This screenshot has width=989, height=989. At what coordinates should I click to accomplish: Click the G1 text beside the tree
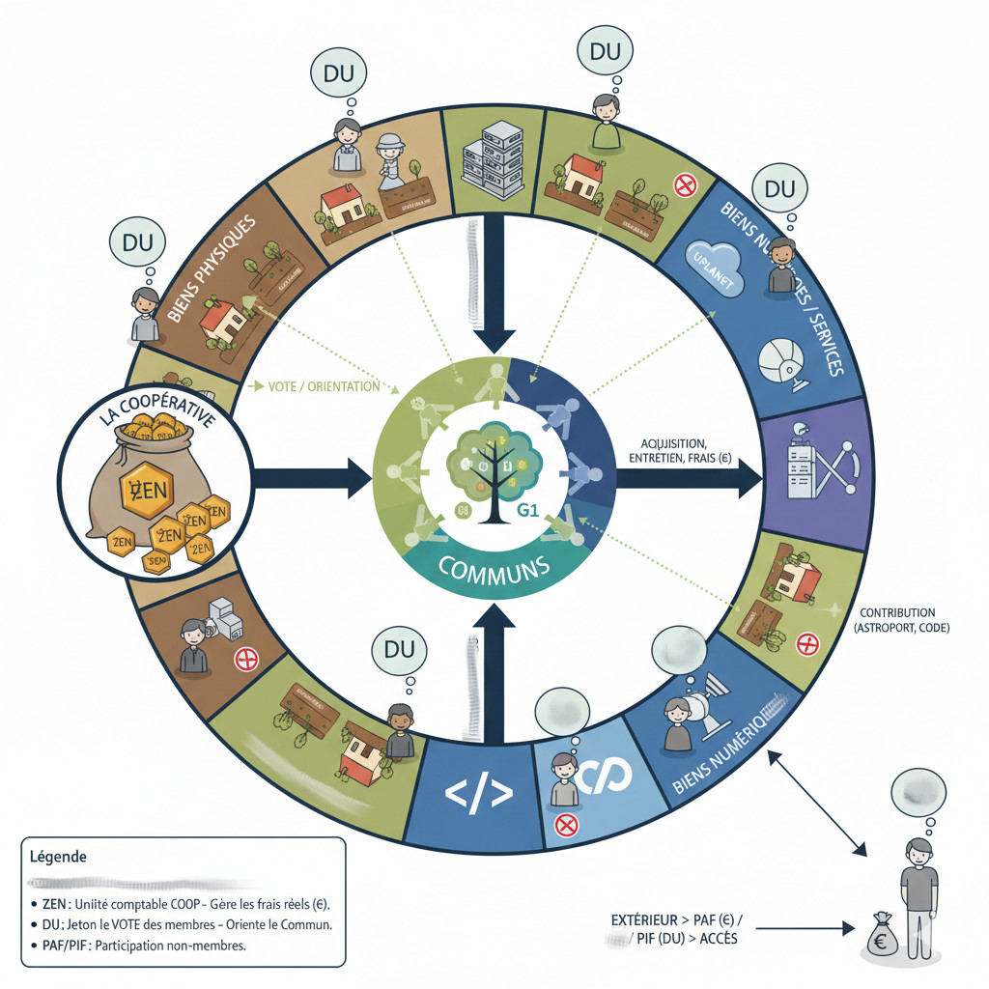(x=529, y=511)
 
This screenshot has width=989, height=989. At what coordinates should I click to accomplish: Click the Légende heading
(x=60, y=857)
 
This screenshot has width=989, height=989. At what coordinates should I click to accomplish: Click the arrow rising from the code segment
(x=496, y=666)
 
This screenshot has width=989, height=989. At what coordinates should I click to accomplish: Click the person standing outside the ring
(x=918, y=889)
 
